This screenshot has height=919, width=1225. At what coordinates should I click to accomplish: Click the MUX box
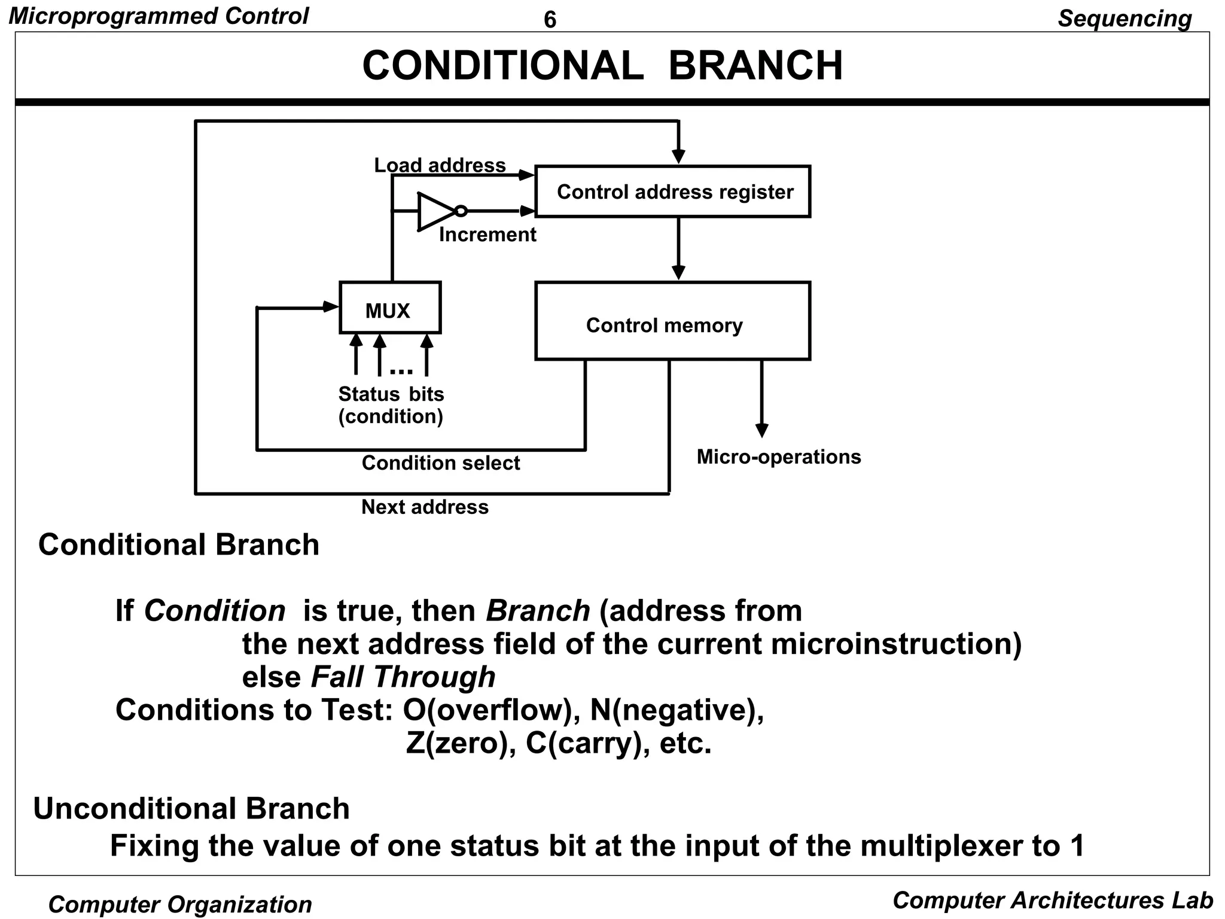coord(389,308)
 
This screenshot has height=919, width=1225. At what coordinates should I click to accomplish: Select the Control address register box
coord(672,191)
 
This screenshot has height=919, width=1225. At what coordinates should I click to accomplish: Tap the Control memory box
coord(672,321)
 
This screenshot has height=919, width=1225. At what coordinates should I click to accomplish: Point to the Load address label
coord(440,165)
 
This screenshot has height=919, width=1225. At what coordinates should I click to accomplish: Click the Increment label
coord(487,235)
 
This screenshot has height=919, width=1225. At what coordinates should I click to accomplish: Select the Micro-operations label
coord(778,457)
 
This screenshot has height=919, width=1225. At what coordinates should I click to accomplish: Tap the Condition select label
coord(441,463)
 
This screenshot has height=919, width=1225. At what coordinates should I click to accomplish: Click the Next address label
coord(425,507)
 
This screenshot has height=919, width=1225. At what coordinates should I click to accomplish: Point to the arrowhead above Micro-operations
coord(761,431)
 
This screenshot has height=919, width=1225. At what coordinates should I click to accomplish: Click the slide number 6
coord(550,20)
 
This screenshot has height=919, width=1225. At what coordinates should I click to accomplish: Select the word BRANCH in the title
coord(755,65)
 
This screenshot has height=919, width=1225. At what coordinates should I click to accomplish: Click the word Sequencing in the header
coord(1125,19)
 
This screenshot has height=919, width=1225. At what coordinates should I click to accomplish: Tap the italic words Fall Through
coord(403,677)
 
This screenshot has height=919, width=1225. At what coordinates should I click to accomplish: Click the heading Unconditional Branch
coord(191,809)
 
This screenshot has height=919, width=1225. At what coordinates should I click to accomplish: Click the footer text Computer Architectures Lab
coord(1052,900)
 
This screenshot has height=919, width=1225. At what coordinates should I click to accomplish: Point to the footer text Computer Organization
coord(180,904)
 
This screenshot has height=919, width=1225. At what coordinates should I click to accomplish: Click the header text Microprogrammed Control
coord(159,16)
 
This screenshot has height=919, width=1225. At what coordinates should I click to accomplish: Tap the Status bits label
coord(391,394)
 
